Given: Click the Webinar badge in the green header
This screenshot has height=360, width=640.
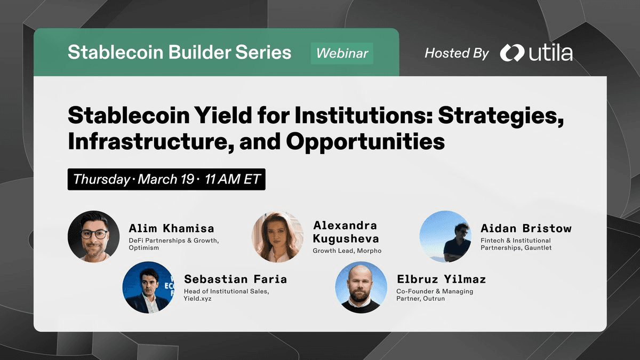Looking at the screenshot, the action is (342, 53).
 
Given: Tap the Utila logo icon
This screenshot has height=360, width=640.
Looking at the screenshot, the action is (511, 53).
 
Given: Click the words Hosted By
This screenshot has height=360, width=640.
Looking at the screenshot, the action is (457, 53).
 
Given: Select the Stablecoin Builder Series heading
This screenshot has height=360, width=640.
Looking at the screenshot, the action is (179, 52).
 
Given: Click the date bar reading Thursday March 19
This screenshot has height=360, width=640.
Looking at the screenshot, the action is (166, 179).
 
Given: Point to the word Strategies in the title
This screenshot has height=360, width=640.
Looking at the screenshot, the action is (501, 116).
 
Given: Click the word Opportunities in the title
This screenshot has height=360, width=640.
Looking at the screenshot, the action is (365, 142).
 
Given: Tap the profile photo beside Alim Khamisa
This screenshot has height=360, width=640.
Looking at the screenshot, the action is (93, 236).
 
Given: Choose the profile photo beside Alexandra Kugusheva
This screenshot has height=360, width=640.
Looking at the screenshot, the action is (277, 237).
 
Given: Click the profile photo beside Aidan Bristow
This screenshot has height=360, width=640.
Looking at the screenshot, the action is (445, 236).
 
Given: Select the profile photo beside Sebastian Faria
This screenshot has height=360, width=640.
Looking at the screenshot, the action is (148, 287).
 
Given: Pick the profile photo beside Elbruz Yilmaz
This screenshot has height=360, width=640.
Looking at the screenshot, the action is (361, 287).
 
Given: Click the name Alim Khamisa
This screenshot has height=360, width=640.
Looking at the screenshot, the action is (171, 228).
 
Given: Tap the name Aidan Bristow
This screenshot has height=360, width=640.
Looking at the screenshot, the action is (526, 228).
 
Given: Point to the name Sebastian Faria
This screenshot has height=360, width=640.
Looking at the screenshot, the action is (235, 279).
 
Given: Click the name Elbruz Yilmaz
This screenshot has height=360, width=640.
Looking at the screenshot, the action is (442, 279).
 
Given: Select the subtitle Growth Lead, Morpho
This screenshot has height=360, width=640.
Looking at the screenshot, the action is (347, 251).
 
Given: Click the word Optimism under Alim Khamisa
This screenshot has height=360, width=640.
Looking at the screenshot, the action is (143, 247).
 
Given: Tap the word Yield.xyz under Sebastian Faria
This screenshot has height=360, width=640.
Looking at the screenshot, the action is (198, 299).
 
